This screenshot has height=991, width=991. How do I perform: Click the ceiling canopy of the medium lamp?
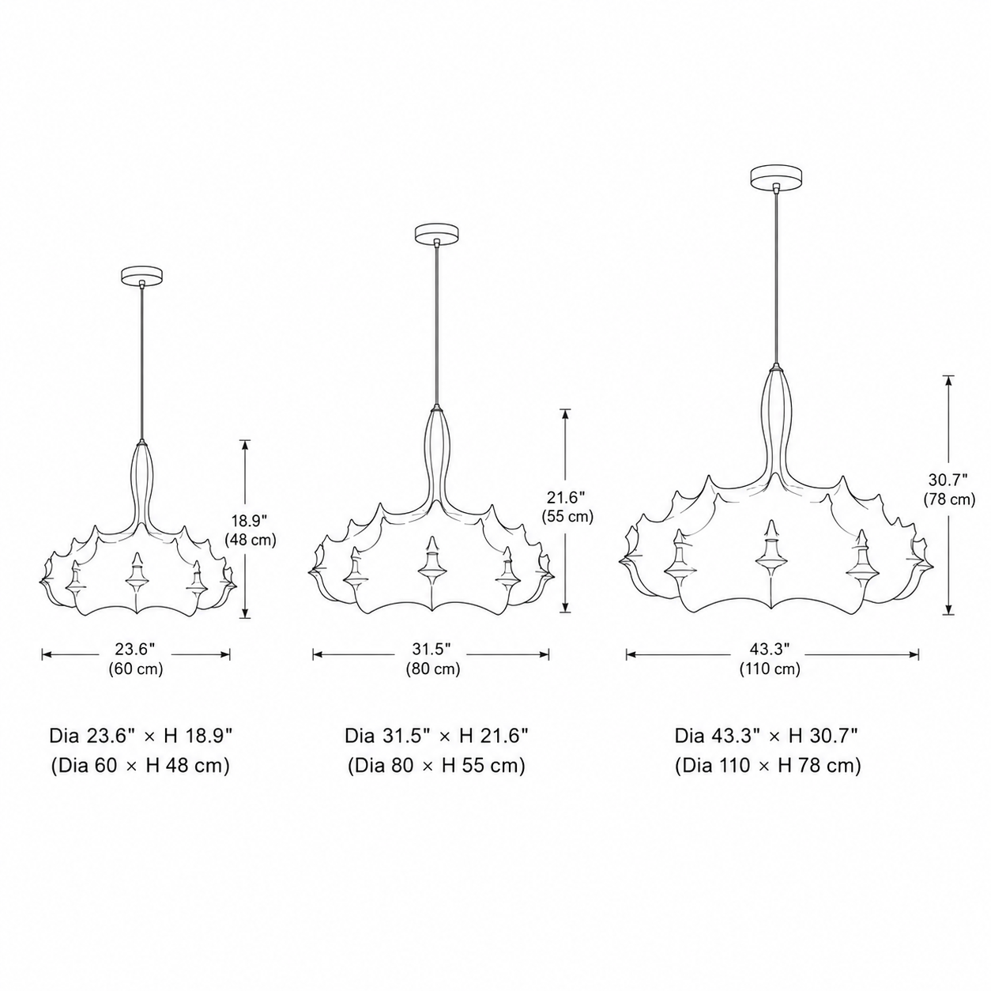[437, 232]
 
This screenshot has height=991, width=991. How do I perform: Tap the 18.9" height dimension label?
[250, 521]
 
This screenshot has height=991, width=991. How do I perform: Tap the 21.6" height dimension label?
[565, 497]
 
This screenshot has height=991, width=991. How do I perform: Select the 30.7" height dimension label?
[948, 480]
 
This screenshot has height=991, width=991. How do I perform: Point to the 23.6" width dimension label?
[134, 649]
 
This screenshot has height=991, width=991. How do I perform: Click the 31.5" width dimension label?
[431, 649]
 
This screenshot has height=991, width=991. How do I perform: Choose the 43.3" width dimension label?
[770, 649]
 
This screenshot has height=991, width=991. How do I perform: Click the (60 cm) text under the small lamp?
[136, 669]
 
